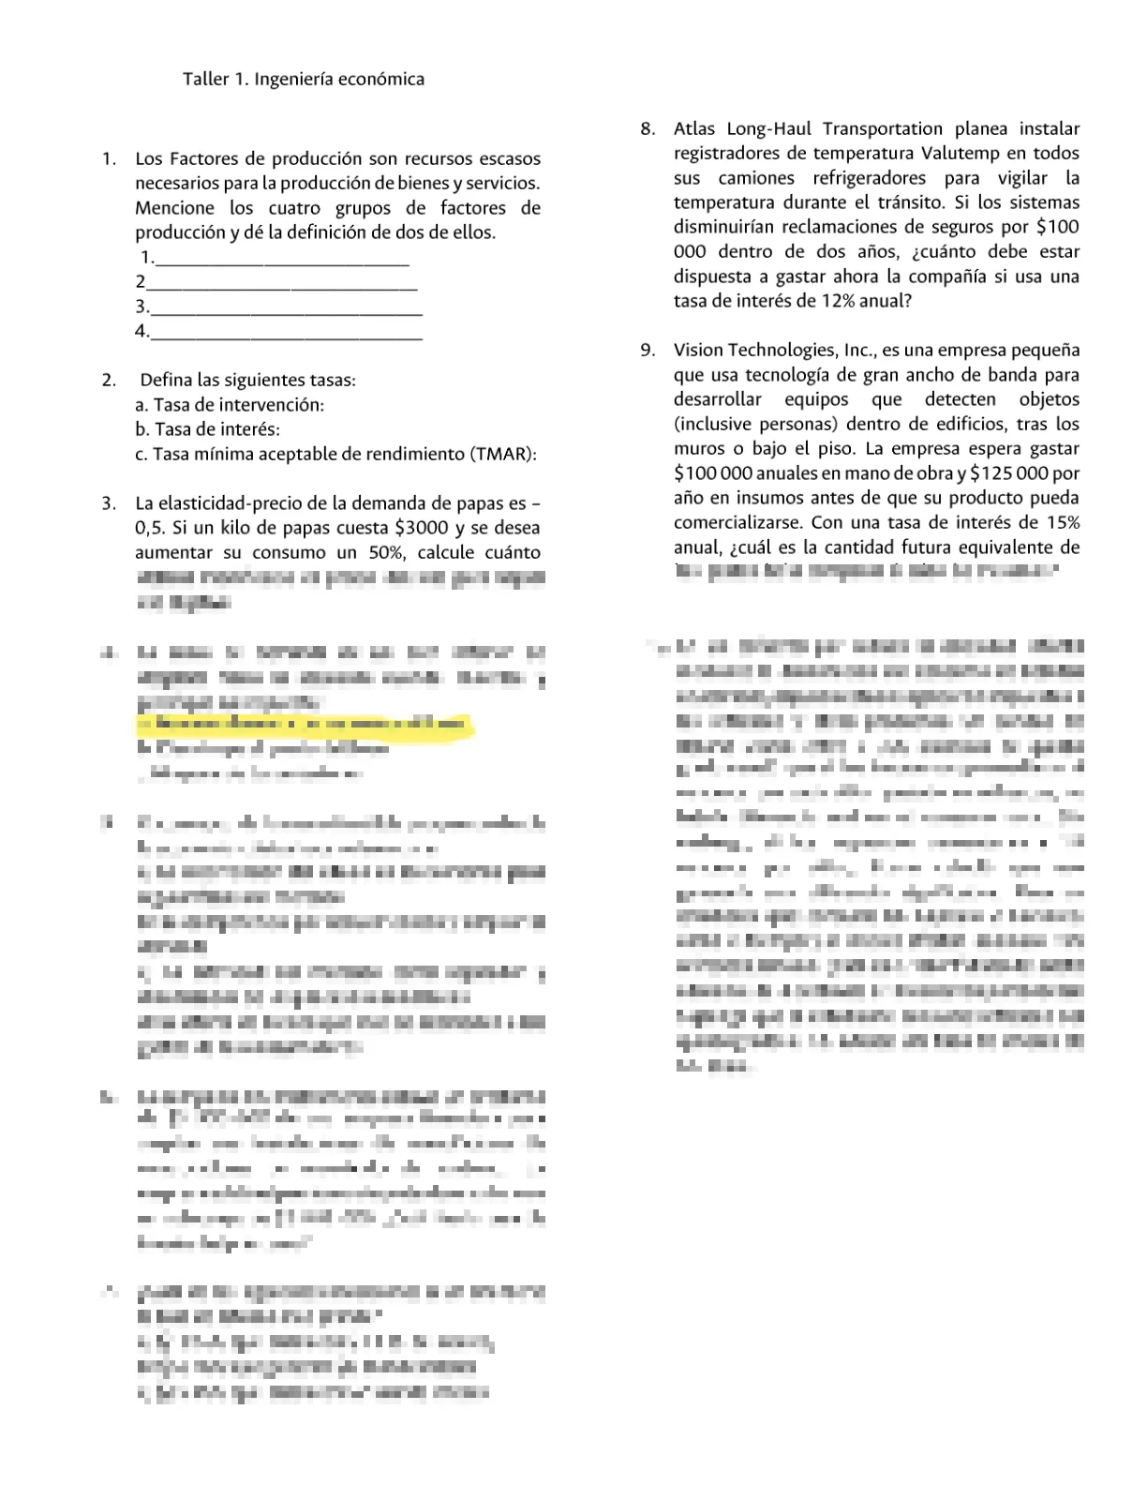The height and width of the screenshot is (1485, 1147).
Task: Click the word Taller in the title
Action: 205,80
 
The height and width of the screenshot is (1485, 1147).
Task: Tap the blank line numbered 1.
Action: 281,259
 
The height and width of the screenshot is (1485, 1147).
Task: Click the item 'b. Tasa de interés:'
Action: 207,429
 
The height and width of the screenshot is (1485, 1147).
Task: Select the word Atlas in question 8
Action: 694,129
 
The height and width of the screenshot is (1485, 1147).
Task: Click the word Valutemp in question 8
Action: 953,154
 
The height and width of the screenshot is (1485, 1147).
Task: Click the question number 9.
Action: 648,351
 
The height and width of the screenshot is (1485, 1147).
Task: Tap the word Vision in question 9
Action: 698,351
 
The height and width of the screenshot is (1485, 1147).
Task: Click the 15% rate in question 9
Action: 1061,522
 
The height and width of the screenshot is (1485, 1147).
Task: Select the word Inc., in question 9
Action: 859,351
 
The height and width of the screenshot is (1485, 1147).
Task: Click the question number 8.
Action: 648,129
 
